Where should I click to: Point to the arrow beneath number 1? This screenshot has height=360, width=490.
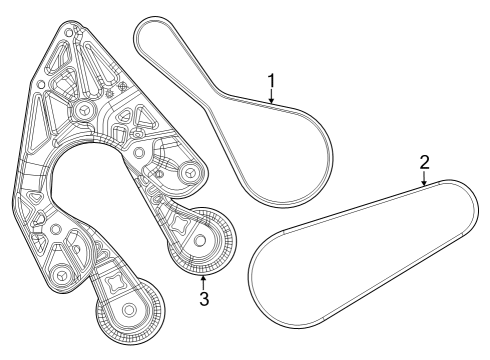coord(271,96)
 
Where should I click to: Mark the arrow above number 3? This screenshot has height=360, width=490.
coord(203,279)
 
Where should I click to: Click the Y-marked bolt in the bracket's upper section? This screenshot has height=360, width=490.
coord(82,110)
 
